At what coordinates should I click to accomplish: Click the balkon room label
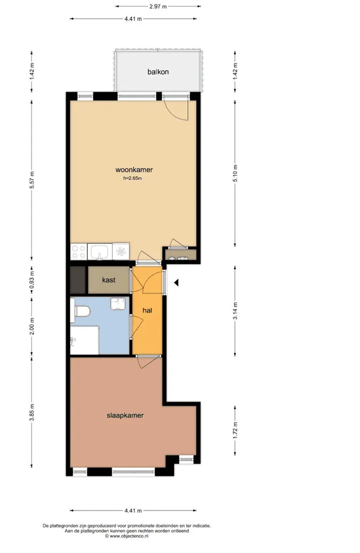click(158, 71)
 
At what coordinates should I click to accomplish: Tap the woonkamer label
click(134, 169)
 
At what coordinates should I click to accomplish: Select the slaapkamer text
click(125, 415)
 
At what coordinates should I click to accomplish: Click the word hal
click(147, 310)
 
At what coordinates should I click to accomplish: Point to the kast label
click(109, 280)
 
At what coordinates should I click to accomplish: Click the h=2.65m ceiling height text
click(132, 178)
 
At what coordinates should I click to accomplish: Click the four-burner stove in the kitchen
click(79, 252)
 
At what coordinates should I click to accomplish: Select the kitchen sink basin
click(100, 252)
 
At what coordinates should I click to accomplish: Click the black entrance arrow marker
click(176, 283)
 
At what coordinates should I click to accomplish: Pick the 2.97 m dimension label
click(158, 6)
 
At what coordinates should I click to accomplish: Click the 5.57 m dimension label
click(32, 180)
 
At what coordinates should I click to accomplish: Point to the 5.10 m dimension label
click(235, 173)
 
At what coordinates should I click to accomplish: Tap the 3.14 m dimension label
click(235, 310)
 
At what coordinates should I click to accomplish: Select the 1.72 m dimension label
click(235, 431)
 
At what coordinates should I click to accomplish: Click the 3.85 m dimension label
click(32, 412)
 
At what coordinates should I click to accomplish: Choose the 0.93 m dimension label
click(32, 280)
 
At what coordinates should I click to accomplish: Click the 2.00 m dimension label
click(32, 326)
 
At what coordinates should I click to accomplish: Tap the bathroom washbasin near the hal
click(118, 304)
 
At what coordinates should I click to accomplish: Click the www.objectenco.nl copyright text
click(126, 536)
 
